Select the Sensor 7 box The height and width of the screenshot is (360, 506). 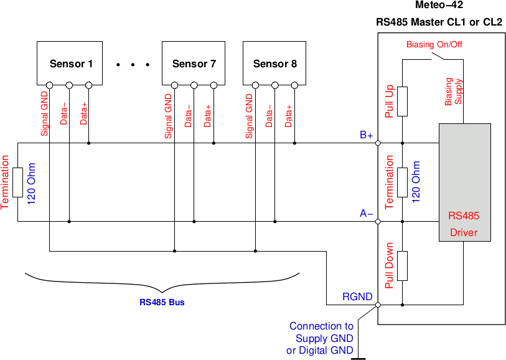point(194,63)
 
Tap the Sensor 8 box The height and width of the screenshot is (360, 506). point(274,63)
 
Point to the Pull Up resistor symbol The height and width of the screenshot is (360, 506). point(403,102)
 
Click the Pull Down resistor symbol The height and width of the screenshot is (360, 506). point(403,266)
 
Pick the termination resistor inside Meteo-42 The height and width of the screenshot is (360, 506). point(403,182)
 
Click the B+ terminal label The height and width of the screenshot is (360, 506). point(366,135)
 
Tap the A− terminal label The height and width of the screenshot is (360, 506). point(366,214)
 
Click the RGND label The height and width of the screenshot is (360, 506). point(358,297)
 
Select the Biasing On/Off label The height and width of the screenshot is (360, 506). point(434,44)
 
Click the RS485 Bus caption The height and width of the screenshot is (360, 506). point(162,303)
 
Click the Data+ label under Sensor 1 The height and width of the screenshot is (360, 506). point(83,114)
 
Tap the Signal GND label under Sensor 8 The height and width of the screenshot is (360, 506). point(250,116)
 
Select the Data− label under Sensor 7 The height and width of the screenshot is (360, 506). point(188,115)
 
